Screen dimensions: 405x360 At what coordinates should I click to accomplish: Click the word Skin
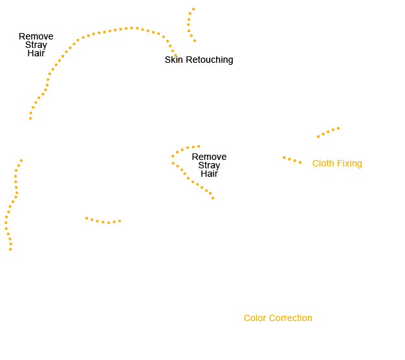point(173,60)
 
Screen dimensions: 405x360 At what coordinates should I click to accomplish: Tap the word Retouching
point(210,60)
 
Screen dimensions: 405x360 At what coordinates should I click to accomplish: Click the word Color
point(255,318)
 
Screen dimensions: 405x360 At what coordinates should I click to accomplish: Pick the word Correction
point(290,318)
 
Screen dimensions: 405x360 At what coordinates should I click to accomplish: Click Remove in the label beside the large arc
point(36,36)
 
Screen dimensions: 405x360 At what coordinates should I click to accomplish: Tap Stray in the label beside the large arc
point(36,45)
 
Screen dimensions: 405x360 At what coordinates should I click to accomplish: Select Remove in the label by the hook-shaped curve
point(209,157)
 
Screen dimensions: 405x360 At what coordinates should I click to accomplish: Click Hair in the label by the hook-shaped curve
point(209,174)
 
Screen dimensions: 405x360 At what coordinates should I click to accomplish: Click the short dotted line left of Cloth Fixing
point(292,160)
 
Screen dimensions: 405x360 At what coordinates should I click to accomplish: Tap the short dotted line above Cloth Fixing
point(328,132)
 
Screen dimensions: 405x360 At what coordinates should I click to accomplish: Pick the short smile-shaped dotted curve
point(103,222)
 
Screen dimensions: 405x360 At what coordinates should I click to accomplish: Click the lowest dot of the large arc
point(30,118)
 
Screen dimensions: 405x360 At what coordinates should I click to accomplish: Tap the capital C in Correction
point(272,318)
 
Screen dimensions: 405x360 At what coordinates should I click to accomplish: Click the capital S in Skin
point(168,60)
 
